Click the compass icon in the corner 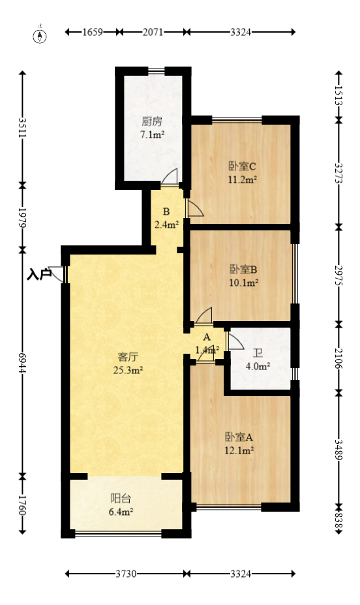40,35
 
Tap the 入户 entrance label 39,274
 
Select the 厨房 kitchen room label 152,121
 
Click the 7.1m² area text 152,135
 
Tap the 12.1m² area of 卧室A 239,450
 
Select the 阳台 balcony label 121,499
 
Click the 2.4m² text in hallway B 166,225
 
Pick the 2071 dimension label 153,31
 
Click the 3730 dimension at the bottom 125,574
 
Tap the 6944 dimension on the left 22,362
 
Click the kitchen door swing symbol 169,178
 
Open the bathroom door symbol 233,341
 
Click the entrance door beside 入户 61,275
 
